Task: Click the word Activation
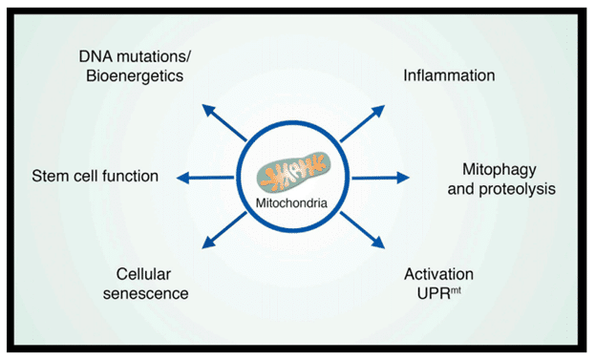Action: pyautogui.click(x=439, y=275)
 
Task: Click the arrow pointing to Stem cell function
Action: pyautogui.click(x=210, y=178)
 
